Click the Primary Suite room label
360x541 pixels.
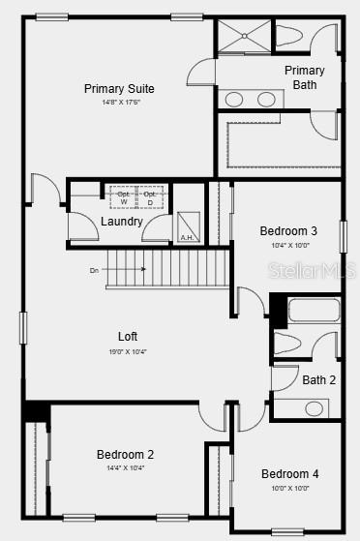pos(119,89)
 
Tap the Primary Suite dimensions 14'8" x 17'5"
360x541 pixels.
pos(119,102)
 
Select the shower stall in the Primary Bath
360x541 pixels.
pos(243,38)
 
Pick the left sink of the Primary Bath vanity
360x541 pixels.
pos(234,98)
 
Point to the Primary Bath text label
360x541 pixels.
pos(304,77)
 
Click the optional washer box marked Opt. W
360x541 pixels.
pos(123,197)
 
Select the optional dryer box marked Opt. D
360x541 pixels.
pos(150,197)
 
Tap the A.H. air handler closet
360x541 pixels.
pos(188,227)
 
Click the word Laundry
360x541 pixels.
pos(121,222)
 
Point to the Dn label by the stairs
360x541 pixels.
pos(94,270)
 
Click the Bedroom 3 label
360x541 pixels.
pos(288,231)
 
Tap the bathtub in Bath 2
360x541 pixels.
pos(314,312)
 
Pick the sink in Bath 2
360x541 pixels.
pos(314,408)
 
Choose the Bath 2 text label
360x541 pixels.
pos(318,380)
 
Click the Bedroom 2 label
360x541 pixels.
pos(125,454)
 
